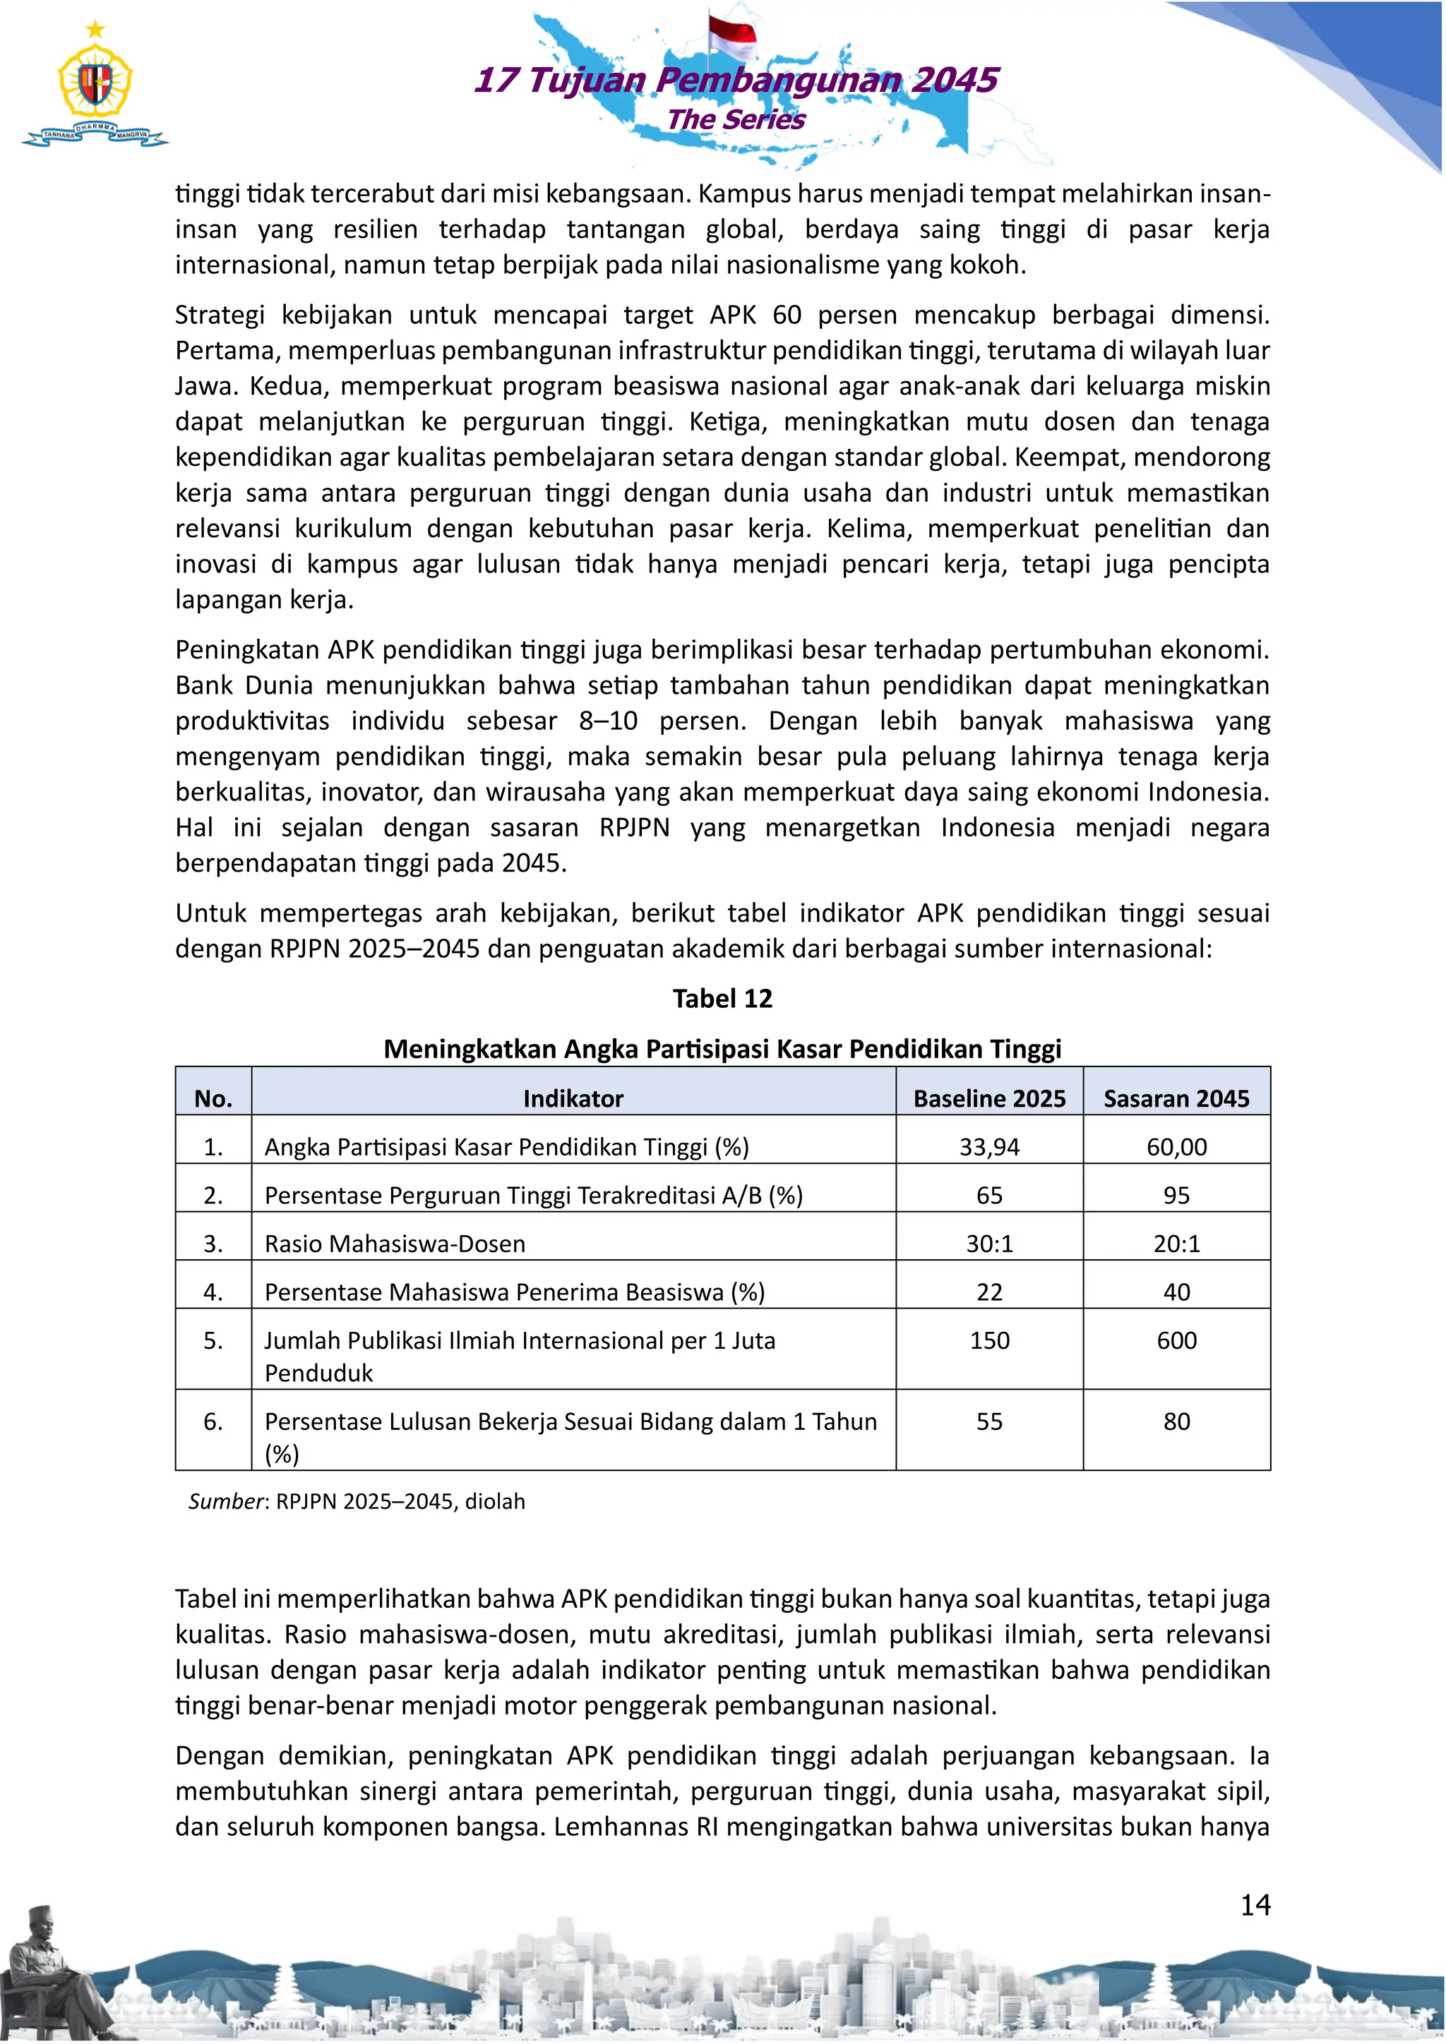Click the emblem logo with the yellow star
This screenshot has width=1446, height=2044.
[x=95, y=85]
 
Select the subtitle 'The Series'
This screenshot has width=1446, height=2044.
[x=736, y=119]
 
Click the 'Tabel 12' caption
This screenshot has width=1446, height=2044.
[x=722, y=999]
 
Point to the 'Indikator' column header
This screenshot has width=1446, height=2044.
[x=573, y=1098]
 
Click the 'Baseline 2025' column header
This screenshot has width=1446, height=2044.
[x=989, y=1098]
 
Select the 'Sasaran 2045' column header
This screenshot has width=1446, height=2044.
[x=1176, y=1098]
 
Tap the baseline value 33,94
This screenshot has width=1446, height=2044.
[x=989, y=1147]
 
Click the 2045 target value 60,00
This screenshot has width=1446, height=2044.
[x=1176, y=1147]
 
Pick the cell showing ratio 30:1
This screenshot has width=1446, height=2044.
[x=989, y=1244]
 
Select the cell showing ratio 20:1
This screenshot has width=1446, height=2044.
[x=1176, y=1244]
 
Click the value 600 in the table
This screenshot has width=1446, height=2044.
[x=1176, y=1341]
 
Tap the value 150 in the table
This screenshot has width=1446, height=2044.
[x=989, y=1341]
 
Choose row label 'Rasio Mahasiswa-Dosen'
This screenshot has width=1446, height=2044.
[x=395, y=1244]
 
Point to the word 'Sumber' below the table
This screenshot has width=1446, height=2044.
[x=226, y=1502]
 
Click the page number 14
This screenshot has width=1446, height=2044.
[x=1255, y=1905]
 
